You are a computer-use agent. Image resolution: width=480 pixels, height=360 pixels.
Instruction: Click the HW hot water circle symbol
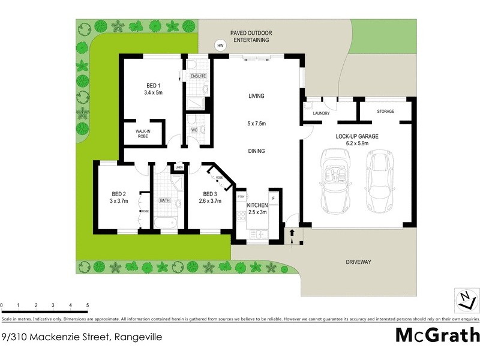[x=220, y=46]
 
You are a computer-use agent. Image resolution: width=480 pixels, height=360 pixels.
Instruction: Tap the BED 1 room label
[x=154, y=89]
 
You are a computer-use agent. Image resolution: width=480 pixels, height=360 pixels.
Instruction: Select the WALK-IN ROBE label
[x=142, y=133]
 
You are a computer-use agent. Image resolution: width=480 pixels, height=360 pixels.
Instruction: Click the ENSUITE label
[x=198, y=77]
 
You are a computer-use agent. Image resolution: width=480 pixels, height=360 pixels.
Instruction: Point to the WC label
[x=194, y=130]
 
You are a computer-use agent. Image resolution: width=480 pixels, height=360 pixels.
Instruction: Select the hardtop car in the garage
[x=379, y=184]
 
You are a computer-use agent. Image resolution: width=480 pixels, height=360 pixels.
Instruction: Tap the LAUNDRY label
[x=322, y=112]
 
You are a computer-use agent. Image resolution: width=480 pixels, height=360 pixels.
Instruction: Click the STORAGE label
[x=385, y=112]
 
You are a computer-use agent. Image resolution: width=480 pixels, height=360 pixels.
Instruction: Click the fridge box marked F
[x=274, y=197]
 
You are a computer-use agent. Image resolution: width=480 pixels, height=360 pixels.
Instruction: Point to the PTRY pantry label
[x=241, y=197]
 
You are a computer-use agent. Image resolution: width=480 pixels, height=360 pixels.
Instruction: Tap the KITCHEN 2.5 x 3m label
[x=257, y=208]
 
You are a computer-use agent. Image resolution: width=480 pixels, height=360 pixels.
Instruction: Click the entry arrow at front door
[x=292, y=236]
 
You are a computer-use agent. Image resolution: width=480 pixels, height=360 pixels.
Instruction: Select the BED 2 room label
[x=118, y=197]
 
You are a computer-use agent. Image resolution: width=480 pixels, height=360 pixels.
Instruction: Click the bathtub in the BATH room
[x=164, y=223]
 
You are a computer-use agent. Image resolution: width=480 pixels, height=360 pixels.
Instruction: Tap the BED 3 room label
[x=209, y=197]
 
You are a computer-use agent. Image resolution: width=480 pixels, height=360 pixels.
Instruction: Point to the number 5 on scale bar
[x=88, y=306]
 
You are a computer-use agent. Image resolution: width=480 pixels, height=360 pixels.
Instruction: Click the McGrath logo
[x=437, y=335]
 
